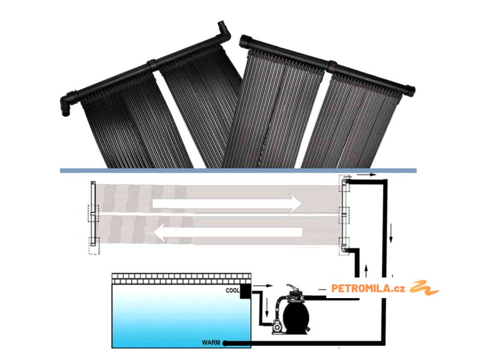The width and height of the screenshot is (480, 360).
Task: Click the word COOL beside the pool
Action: [232, 291]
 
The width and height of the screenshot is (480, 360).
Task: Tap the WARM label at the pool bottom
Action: [211, 343]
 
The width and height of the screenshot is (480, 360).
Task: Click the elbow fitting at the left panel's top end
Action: [224, 31]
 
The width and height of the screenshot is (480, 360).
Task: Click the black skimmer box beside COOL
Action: [246, 291]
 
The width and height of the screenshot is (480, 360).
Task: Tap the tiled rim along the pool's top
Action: [181, 279]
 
